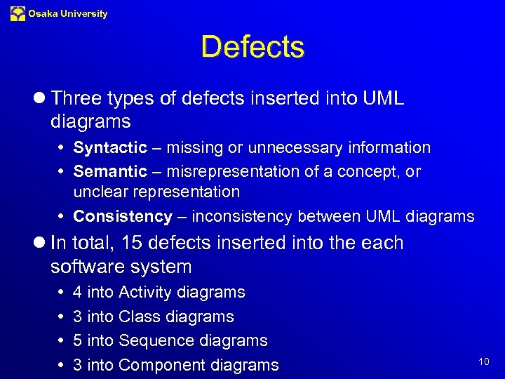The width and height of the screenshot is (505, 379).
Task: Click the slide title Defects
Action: click(252, 48)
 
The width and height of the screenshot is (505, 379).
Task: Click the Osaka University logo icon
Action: click(18, 13)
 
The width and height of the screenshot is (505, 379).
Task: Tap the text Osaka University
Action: click(68, 13)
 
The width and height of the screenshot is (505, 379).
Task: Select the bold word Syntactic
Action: click(110, 148)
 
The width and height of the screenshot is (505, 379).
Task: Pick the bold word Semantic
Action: click(110, 171)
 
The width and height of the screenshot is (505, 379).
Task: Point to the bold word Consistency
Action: click(123, 216)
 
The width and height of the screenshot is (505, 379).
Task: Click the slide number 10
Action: click(484, 361)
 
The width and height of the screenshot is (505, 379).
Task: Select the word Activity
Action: click(146, 292)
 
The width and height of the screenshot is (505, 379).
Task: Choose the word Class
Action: click(138, 317)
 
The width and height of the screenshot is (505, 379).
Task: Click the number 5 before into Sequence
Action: click(77, 340)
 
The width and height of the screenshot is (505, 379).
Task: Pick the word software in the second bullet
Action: click(83, 267)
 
